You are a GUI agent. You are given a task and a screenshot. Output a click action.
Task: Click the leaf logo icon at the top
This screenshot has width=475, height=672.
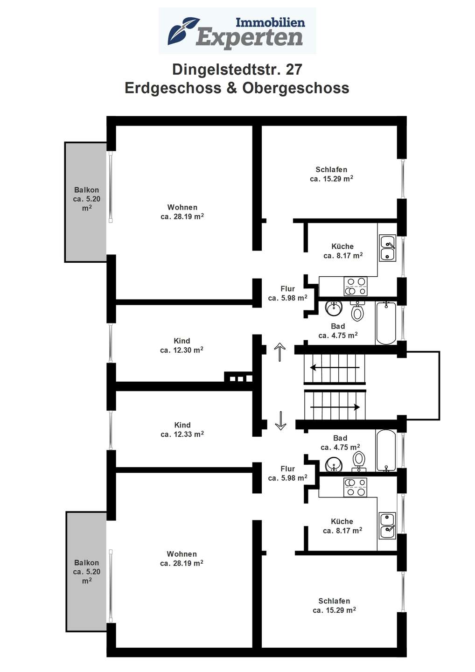[x=183, y=31]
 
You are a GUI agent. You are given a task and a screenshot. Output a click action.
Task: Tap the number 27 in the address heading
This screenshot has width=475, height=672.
[x=294, y=70]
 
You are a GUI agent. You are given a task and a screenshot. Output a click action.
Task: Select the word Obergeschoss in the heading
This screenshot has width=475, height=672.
[x=296, y=88]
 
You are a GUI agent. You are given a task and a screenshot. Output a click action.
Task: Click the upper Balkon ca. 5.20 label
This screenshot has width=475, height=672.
[x=87, y=199]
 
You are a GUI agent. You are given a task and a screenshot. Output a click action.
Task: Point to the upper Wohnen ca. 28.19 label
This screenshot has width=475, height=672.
[x=182, y=212]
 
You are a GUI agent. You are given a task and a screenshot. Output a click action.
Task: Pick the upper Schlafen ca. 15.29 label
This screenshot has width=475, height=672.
[x=331, y=174]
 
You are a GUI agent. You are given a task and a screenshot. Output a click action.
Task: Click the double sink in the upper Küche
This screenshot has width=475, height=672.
[x=387, y=248]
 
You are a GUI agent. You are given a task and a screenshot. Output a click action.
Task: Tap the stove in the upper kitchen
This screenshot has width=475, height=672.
[x=356, y=286]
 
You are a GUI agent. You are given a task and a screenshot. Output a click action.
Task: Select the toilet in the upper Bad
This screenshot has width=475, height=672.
[x=357, y=311]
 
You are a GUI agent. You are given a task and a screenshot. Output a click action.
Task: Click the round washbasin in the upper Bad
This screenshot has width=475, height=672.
[x=334, y=308]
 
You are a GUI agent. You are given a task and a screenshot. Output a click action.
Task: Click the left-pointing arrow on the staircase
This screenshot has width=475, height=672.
[x=335, y=368]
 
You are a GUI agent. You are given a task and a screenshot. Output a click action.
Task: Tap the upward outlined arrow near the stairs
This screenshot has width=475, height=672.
[x=280, y=352]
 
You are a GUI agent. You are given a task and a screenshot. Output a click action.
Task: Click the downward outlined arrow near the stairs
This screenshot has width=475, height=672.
[x=280, y=420]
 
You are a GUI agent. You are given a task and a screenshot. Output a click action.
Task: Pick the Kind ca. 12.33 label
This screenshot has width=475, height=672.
[x=182, y=430]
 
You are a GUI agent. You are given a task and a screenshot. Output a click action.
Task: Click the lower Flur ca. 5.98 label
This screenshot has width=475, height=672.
[x=287, y=473]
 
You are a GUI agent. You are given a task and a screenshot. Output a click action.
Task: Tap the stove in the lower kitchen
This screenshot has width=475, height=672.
[x=356, y=488]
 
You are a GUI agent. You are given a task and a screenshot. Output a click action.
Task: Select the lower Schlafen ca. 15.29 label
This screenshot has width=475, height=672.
[x=334, y=606]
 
